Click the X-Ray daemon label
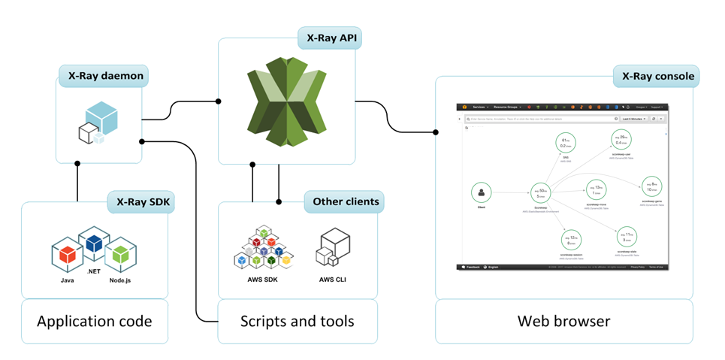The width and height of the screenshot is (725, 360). (x=102, y=76)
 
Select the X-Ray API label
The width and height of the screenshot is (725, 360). (x=329, y=38)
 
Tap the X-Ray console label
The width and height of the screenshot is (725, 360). (x=656, y=76)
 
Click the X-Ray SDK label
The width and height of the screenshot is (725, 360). (x=140, y=202)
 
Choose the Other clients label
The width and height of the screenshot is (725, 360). (x=343, y=202)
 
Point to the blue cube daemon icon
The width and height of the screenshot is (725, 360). (x=99, y=123)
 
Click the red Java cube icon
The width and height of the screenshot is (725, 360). (x=67, y=255)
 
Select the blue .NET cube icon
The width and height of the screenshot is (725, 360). (x=94, y=244)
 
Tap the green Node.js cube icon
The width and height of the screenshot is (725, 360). (x=120, y=255)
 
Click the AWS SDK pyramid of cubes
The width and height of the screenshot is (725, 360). (x=262, y=247)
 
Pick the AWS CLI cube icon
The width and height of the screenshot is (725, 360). (x=332, y=247)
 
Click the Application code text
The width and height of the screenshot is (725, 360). (x=95, y=322)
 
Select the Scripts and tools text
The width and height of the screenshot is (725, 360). (x=297, y=322)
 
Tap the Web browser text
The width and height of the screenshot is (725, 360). (x=563, y=322)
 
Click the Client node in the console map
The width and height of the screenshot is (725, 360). (x=482, y=193)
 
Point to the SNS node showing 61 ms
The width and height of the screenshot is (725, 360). (x=566, y=143)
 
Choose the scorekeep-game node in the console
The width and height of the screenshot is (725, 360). (x=651, y=186)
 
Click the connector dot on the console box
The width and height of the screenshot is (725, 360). (x=436, y=132)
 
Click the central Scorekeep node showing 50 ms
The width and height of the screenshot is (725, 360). (x=540, y=194)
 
